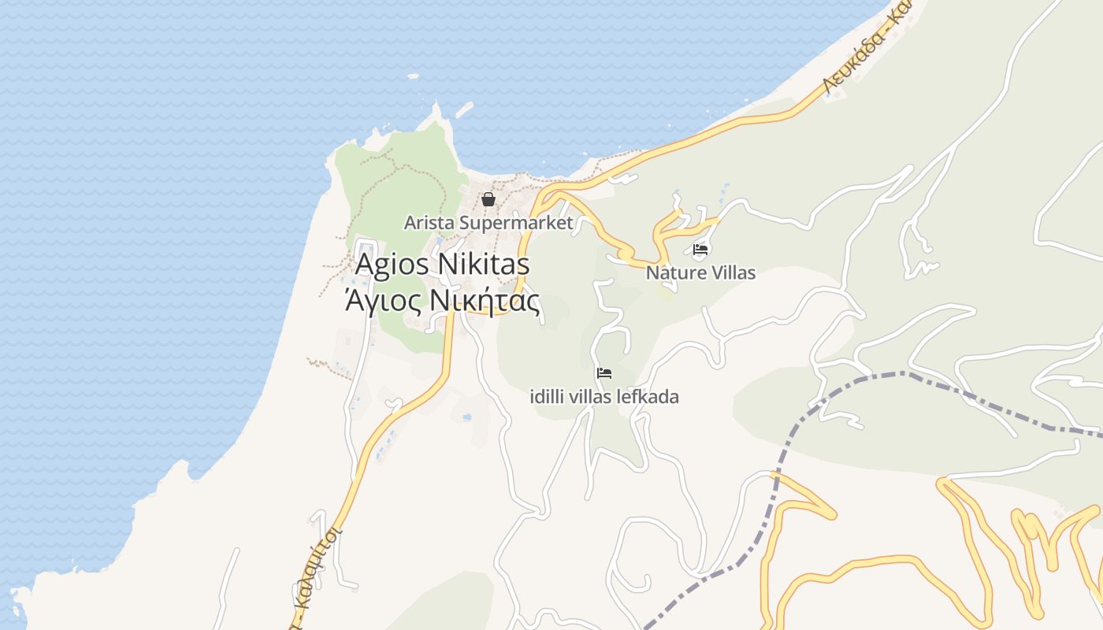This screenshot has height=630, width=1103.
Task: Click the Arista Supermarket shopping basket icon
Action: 488,199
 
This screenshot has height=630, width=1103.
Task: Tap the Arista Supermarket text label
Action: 488,223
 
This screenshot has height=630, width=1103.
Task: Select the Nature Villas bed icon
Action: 700,250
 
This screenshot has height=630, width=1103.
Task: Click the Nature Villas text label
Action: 700,273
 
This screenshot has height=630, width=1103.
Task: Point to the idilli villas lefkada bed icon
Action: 604,372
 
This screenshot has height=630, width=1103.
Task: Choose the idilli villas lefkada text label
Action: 604,396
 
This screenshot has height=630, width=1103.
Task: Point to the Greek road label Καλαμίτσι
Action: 319,571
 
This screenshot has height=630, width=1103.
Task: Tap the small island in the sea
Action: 413,77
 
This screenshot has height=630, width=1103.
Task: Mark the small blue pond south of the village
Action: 467,417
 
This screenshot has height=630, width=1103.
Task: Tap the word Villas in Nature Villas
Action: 732,273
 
